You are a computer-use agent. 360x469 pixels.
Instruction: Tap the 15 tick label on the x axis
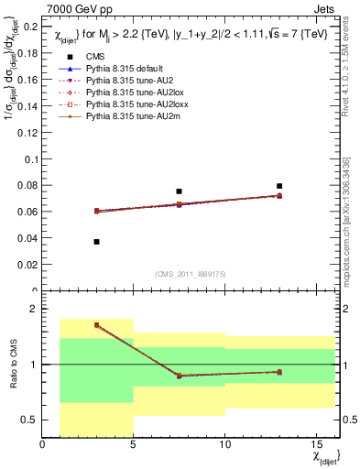tap(315, 446)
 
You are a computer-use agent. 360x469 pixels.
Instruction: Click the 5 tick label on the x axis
tap(134, 446)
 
